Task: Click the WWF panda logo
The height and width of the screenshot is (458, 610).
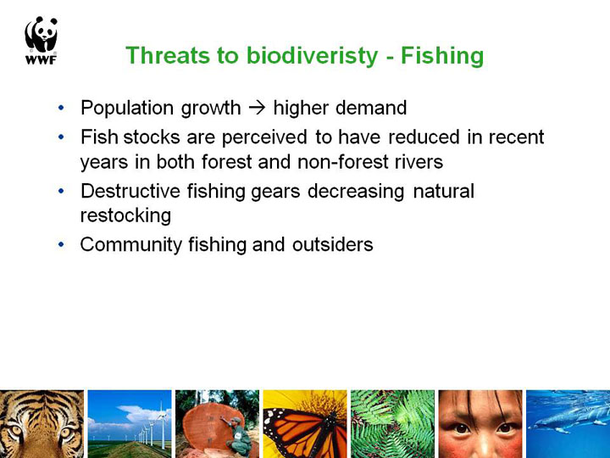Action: coord(41,40)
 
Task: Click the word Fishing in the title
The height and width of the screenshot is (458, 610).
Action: coord(442,56)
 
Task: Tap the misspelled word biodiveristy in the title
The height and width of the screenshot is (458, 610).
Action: coord(312,56)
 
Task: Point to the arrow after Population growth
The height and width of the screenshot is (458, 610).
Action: coord(257,108)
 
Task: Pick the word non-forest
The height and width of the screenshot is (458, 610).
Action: coord(343,162)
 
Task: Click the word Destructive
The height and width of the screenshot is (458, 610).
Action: coord(130,191)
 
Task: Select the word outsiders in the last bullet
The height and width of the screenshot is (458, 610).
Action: coord(333,244)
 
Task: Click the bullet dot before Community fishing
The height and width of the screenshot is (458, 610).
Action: coord(61,244)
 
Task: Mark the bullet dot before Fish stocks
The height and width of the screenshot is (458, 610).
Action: coord(61,137)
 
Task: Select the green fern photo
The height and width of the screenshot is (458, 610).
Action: coord(392,424)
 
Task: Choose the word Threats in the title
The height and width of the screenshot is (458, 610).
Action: coord(168,56)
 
